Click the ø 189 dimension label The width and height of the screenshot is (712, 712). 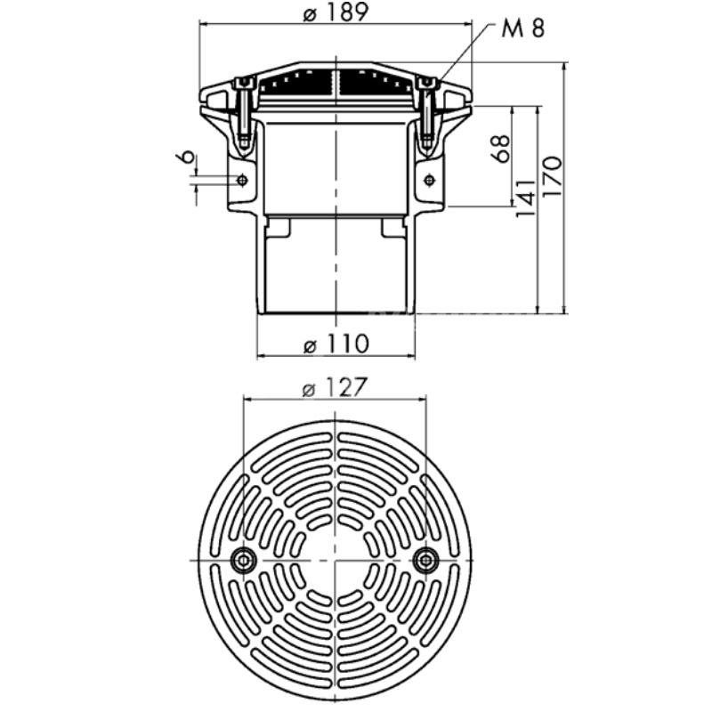[336, 12]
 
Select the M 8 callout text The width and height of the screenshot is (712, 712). [522, 28]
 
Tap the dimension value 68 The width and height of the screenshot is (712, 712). [501, 148]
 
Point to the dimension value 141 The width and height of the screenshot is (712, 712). [526, 198]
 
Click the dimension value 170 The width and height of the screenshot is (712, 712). [552, 176]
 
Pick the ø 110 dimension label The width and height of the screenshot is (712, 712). [336, 344]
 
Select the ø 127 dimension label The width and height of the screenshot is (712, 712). [335, 388]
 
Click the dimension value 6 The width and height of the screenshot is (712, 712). [186, 158]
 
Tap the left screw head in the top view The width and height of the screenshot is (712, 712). [244, 561]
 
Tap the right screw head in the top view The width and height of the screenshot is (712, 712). [426, 561]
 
